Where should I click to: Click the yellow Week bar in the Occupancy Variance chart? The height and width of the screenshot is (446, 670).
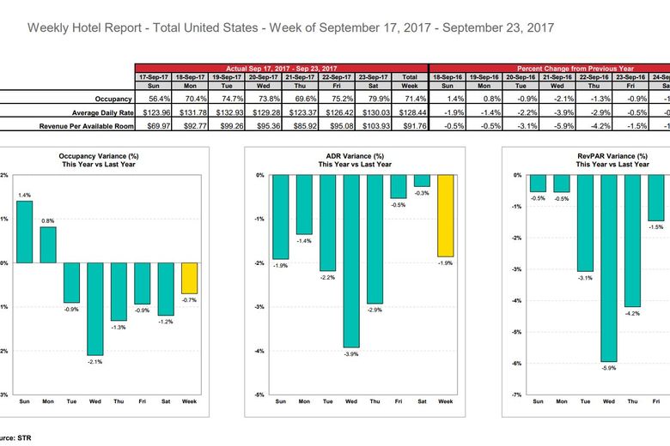tap(189, 278)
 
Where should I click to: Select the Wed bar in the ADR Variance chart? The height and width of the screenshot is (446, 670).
tap(351, 261)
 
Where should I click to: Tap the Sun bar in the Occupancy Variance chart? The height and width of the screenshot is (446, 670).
tap(23, 232)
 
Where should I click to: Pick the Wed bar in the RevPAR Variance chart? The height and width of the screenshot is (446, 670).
tap(609, 268)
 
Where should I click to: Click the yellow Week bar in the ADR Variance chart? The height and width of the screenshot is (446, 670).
tap(446, 215)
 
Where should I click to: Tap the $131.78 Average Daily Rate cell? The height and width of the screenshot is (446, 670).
tap(189, 111)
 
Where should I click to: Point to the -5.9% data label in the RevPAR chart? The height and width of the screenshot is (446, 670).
tap(609, 368)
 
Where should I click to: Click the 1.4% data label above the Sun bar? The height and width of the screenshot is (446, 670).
tap(24, 195)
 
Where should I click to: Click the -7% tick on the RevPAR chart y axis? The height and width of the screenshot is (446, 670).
tap(517, 395)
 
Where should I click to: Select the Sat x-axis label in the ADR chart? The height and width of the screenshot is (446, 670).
tap(422, 401)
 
